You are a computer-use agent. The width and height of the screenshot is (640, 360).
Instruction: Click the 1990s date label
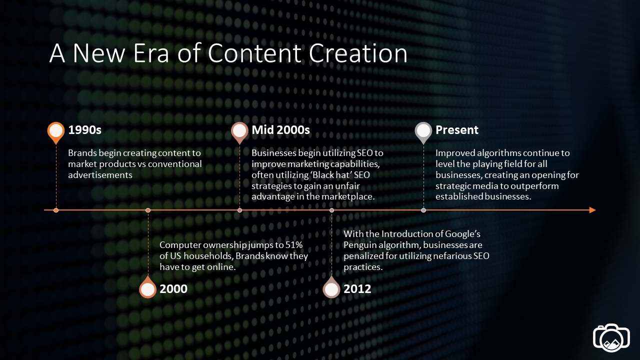(x=84, y=130)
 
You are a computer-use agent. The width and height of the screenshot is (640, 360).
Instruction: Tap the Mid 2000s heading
(x=280, y=130)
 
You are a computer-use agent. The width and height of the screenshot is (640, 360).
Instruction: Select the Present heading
(x=456, y=130)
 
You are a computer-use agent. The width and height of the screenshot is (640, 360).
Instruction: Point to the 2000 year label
(x=173, y=289)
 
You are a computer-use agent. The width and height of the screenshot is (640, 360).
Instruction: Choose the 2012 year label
(x=357, y=289)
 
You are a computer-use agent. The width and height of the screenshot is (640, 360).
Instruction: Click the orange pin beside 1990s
(x=56, y=132)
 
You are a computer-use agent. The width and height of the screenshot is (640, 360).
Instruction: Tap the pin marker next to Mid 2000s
(x=239, y=132)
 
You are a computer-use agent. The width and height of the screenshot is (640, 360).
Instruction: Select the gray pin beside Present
(x=423, y=132)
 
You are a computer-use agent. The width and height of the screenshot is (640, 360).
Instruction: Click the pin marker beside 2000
(x=147, y=287)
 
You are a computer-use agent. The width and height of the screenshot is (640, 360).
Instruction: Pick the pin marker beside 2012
(x=331, y=287)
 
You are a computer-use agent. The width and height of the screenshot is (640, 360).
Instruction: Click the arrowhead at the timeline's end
(x=592, y=210)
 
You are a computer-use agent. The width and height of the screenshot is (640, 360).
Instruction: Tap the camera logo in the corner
(x=611, y=337)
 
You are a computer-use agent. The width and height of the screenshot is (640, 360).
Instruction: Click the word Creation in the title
(x=357, y=53)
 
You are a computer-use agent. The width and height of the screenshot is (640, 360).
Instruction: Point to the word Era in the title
(x=151, y=53)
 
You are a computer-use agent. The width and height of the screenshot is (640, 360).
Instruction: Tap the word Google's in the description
(x=462, y=234)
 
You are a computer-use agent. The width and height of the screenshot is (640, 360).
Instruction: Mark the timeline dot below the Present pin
(x=423, y=210)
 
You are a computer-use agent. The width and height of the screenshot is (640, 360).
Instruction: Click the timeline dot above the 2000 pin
(x=147, y=210)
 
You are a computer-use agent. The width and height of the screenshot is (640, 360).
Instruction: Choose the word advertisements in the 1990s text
(x=100, y=175)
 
